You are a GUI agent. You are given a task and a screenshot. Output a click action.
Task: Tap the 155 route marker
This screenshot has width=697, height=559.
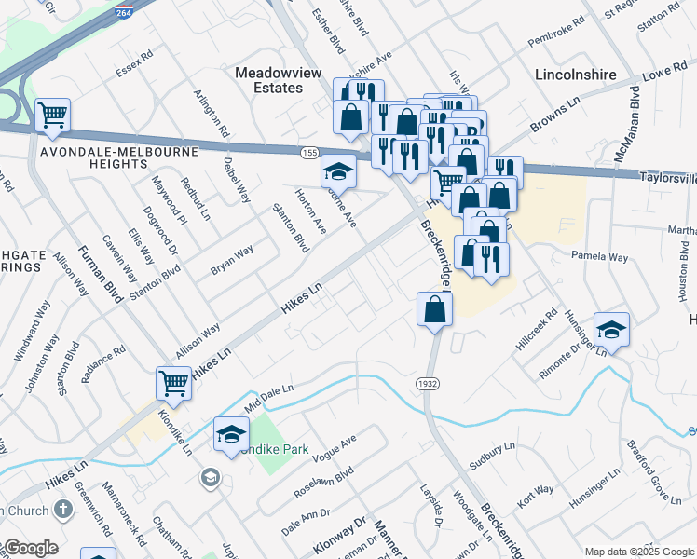[x=309, y=152]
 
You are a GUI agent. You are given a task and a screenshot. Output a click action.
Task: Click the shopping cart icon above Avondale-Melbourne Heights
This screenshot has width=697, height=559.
[x=53, y=116]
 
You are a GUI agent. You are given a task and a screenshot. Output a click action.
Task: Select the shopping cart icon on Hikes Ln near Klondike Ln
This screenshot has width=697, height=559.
[x=174, y=382]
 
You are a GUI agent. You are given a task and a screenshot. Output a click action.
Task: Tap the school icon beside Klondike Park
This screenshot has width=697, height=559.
[x=231, y=434]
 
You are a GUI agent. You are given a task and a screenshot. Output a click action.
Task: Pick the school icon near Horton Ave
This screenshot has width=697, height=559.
[x=338, y=170]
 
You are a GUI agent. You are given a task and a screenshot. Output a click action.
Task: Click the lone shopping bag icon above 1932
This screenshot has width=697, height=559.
[x=434, y=308]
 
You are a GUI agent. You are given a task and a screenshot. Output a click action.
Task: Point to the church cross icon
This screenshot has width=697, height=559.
[x=62, y=509]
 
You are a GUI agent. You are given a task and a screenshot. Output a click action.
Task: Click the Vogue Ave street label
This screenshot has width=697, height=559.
[x=335, y=447]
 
